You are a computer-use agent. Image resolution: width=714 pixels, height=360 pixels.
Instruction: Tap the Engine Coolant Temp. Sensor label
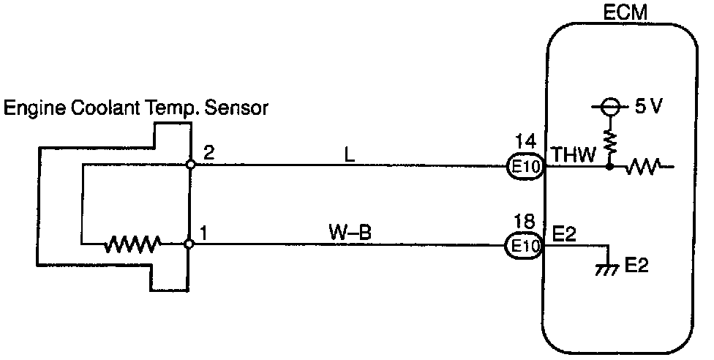[137, 109]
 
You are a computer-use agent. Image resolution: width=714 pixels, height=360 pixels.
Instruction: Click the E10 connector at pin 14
[525, 167]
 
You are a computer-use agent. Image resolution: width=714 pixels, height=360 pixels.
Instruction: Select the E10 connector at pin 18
[525, 246]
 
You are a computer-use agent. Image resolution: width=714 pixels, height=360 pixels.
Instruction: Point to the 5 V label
[648, 106]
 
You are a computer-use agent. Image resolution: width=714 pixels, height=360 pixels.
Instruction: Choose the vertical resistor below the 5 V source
[608, 140]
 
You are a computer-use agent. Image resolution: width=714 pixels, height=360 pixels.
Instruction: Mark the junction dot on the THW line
[609, 167]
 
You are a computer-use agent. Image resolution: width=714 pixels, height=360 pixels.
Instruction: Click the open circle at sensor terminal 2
[189, 165]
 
